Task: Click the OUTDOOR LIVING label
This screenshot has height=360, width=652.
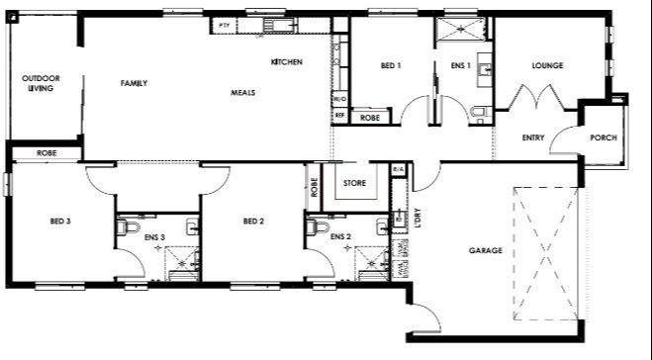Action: [x=41, y=83]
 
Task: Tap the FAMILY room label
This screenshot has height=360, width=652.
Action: [x=134, y=83]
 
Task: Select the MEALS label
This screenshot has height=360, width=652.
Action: [x=242, y=92]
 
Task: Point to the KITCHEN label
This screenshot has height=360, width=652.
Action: [x=286, y=62]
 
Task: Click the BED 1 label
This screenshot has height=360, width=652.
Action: [x=390, y=66]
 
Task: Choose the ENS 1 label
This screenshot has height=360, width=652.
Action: [x=459, y=66]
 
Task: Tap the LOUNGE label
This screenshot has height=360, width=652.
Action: [x=547, y=66]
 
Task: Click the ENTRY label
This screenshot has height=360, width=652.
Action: [x=533, y=137]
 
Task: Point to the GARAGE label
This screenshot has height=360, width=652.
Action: [x=485, y=250]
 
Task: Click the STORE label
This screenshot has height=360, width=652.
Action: [x=354, y=184]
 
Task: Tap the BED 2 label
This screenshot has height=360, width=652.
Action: [x=253, y=221]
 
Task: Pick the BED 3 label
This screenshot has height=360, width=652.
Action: [x=59, y=221]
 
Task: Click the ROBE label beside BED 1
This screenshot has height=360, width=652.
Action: [x=370, y=118]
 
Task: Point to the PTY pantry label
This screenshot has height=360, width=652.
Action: [x=225, y=22]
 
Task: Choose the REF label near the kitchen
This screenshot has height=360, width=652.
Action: [x=339, y=116]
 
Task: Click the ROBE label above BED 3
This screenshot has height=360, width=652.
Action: [x=46, y=153]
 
